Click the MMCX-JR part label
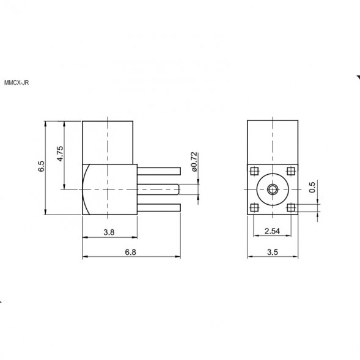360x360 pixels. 17,83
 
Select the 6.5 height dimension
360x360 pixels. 42,166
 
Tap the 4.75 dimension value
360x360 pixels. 60,153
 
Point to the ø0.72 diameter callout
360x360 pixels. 194,161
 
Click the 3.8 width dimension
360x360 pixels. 109,232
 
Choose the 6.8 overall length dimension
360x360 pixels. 130,252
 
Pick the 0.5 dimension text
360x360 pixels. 312,187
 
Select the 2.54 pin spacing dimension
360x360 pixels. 273,231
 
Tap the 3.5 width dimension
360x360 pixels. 273,252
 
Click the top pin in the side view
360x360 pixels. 159,171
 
